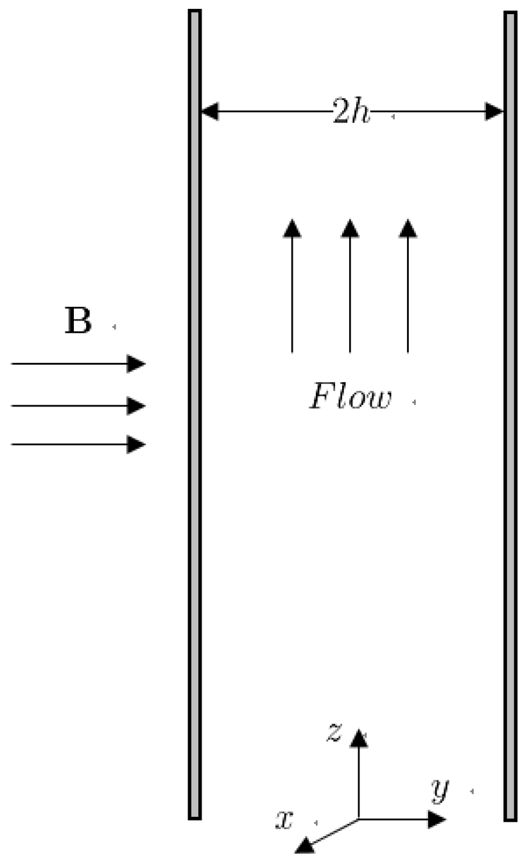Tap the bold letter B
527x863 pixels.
pos(78,321)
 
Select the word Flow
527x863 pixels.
pos(350,397)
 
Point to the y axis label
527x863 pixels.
pos(439,790)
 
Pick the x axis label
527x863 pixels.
pos(284,819)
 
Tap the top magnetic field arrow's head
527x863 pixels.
pos(137,363)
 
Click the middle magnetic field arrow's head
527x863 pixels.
pos(137,406)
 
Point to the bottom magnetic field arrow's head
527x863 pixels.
pos(137,444)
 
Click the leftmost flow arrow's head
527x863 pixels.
pos(292,228)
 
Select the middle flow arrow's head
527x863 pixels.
pos(350,228)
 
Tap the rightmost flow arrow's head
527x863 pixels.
pos(408,228)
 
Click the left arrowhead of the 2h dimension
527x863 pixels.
pos(209,112)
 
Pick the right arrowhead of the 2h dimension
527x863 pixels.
pos(494,112)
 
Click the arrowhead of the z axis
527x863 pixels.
pos(358,738)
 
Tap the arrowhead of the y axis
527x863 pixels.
pos(437,819)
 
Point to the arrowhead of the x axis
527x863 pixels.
pos(305,846)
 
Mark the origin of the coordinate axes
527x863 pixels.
pos(358,819)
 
